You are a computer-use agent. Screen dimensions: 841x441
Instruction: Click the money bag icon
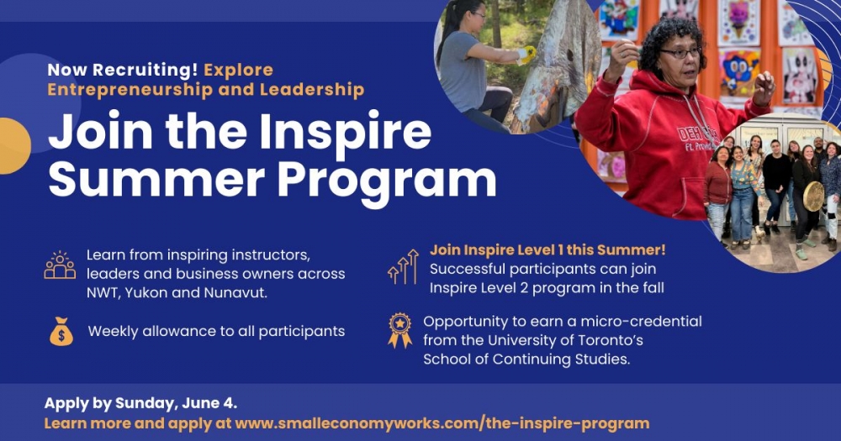click(x=61, y=331)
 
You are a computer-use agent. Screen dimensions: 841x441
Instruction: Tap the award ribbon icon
click(x=400, y=330)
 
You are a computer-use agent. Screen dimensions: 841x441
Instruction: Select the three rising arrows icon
click(x=403, y=266)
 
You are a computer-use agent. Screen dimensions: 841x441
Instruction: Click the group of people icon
click(x=60, y=265)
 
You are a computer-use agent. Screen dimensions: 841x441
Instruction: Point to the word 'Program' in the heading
click(x=386, y=180)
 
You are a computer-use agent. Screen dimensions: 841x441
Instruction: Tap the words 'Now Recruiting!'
click(x=122, y=70)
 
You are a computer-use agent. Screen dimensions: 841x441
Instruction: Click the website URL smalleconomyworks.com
click(x=442, y=423)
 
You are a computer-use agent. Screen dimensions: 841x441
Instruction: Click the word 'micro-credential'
click(x=641, y=321)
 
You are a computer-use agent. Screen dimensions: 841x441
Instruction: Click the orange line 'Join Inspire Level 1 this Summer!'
click(x=547, y=249)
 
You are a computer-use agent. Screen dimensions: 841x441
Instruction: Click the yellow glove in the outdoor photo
click(x=528, y=53)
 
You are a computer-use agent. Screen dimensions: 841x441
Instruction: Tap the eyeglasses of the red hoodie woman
click(x=680, y=53)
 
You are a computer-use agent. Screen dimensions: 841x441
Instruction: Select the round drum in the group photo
click(x=813, y=196)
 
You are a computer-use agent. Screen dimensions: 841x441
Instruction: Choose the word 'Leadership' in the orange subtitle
click(x=312, y=90)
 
